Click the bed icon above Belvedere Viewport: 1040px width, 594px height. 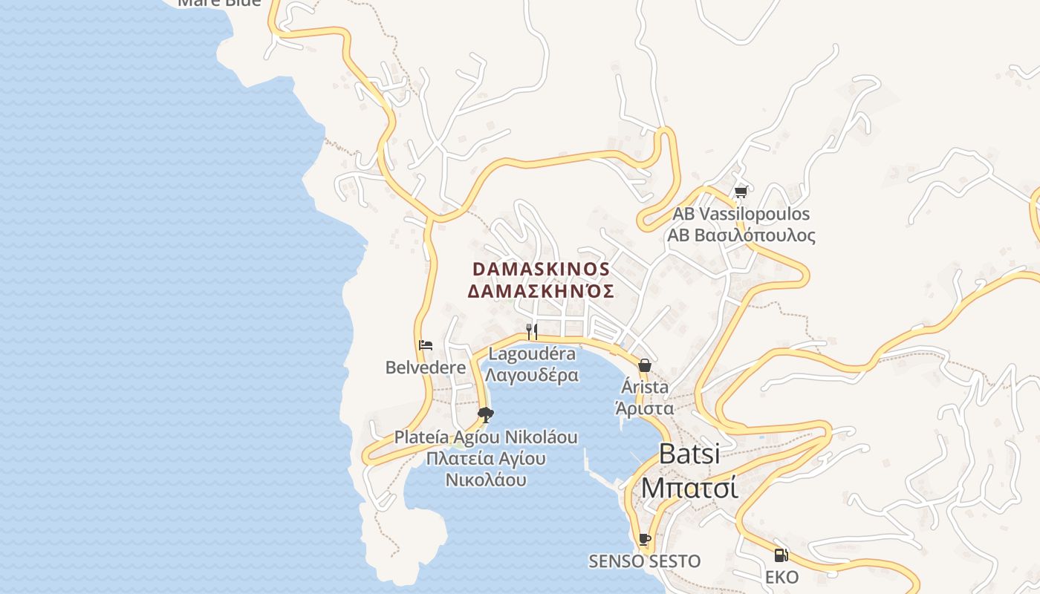(x=426, y=345)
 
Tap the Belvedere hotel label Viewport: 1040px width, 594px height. (x=425, y=367)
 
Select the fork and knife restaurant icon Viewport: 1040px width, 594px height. (x=531, y=331)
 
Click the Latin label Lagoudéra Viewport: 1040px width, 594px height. (x=532, y=354)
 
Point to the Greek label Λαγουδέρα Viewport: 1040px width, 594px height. (x=532, y=375)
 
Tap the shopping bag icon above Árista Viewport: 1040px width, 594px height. (x=644, y=365)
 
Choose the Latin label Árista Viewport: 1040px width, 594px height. (x=644, y=387)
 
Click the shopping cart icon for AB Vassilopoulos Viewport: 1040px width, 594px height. (x=741, y=192)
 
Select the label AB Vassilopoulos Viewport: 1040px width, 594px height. (x=741, y=214)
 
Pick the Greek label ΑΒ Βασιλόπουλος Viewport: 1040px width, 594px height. (x=741, y=235)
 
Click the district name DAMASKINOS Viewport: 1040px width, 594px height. (x=541, y=269)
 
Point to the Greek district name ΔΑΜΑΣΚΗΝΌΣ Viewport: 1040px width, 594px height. (x=541, y=291)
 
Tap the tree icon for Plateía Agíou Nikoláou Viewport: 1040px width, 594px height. (x=486, y=414)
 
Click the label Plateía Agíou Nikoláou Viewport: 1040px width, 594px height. (x=486, y=437)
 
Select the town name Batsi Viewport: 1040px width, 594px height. (x=689, y=454)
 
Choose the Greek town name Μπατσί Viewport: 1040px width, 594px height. (x=689, y=488)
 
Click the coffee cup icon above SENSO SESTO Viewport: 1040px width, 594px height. (x=644, y=539)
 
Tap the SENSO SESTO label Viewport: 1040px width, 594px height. (x=644, y=561)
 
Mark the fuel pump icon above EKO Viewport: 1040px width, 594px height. (x=781, y=555)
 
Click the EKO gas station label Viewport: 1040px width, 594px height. (x=781, y=577)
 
